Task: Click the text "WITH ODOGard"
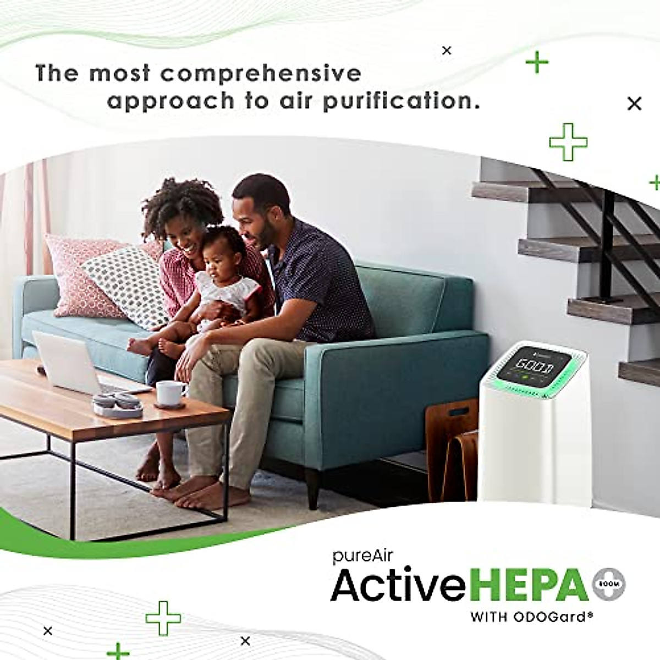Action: [531, 617]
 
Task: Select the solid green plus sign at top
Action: [537, 63]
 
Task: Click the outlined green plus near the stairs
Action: [568, 142]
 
